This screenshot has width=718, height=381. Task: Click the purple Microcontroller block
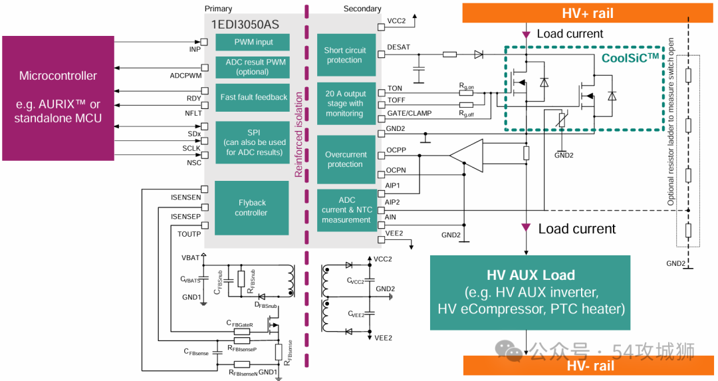(x=58, y=97)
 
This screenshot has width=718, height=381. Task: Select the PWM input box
(x=253, y=43)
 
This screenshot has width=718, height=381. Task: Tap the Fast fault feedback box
(x=253, y=98)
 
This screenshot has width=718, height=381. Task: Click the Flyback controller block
(x=253, y=208)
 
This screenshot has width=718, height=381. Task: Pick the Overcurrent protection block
(x=345, y=160)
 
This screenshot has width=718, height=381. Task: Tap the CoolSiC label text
(x=630, y=58)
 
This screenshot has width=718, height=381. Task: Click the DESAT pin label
(x=398, y=47)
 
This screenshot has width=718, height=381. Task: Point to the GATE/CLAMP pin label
(x=409, y=114)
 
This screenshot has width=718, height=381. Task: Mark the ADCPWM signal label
(x=185, y=76)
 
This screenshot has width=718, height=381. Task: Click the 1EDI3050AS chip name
(x=245, y=25)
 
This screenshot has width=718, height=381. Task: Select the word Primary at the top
(x=219, y=9)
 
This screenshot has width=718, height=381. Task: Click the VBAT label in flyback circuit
(x=190, y=257)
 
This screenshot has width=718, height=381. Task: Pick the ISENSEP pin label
(x=185, y=217)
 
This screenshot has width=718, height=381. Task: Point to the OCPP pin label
(x=396, y=150)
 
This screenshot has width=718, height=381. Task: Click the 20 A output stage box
(x=345, y=104)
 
